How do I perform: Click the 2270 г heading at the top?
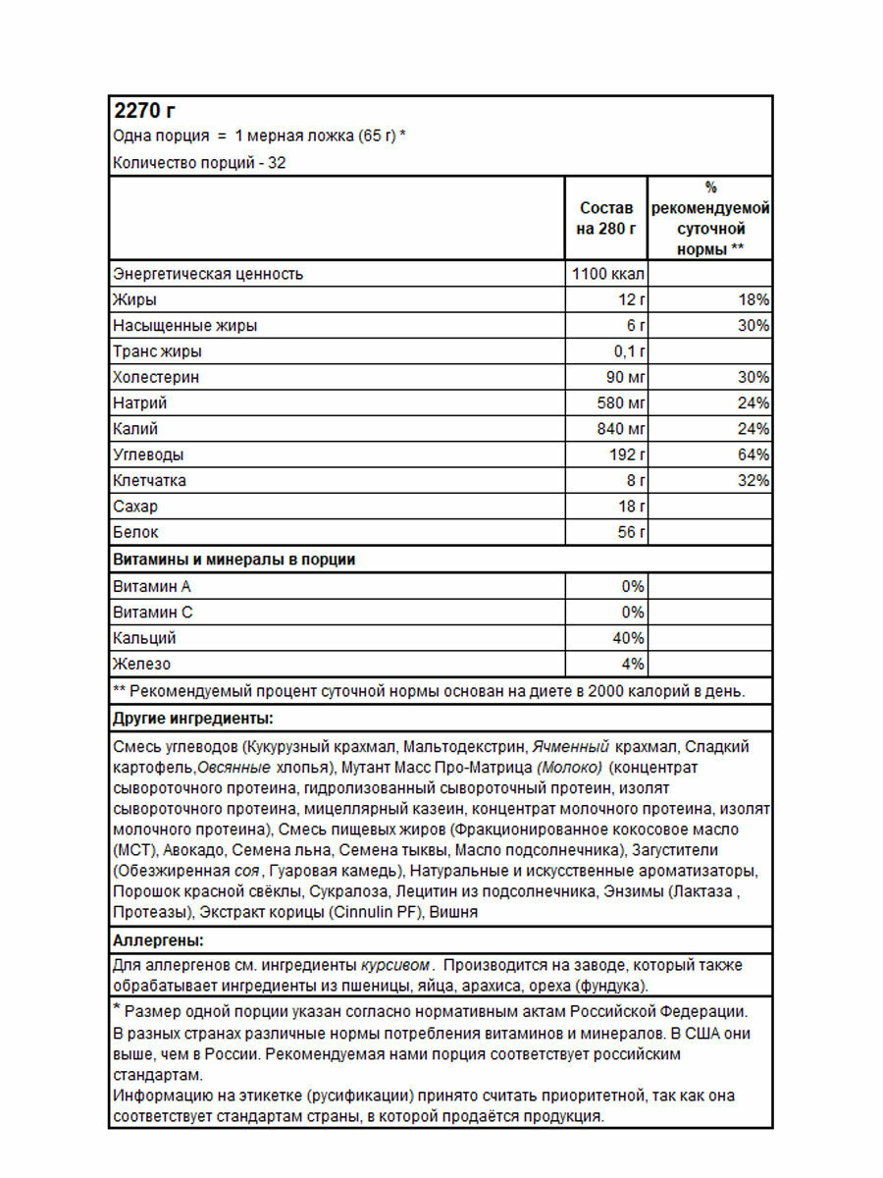tap(144, 110)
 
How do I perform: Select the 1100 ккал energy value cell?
tap(608, 274)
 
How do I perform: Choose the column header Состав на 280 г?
tap(606, 219)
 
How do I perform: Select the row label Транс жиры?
tap(157, 351)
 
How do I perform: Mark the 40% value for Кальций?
tap(629, 638)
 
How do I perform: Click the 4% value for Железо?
tap(633, 665)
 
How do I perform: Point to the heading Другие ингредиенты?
tap(192, 718)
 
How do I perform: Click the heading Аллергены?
tap(158, 940)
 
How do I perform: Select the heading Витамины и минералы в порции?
tap(234, 560)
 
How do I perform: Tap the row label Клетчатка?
tap(149, 481)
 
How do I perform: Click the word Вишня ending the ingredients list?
tap(454, 912)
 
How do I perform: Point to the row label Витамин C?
tap(153, 613)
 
